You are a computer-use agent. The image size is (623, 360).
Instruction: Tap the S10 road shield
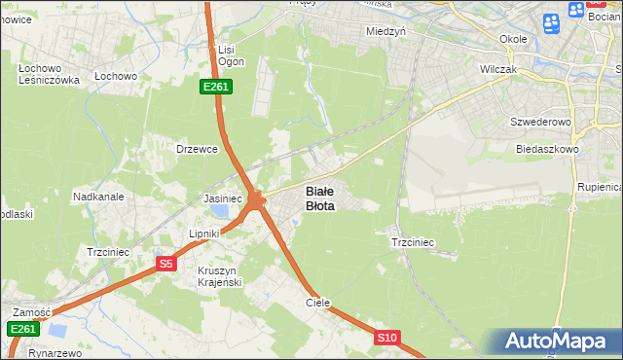pos(387,338)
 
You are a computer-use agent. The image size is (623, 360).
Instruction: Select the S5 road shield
pos(165,264)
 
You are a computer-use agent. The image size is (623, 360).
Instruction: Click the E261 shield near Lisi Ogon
pos(216,88)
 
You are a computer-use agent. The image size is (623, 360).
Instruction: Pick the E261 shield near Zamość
pos(23,330)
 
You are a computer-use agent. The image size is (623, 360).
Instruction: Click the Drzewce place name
pos(195,149)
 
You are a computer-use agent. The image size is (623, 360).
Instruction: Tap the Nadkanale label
pos(98,197)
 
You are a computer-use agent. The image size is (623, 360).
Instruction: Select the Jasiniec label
pos(222,198)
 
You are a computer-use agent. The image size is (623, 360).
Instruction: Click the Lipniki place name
pos(207,234)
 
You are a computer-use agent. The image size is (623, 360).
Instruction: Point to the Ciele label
pos(318,303)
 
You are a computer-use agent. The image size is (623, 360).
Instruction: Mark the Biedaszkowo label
pos(547,150)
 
